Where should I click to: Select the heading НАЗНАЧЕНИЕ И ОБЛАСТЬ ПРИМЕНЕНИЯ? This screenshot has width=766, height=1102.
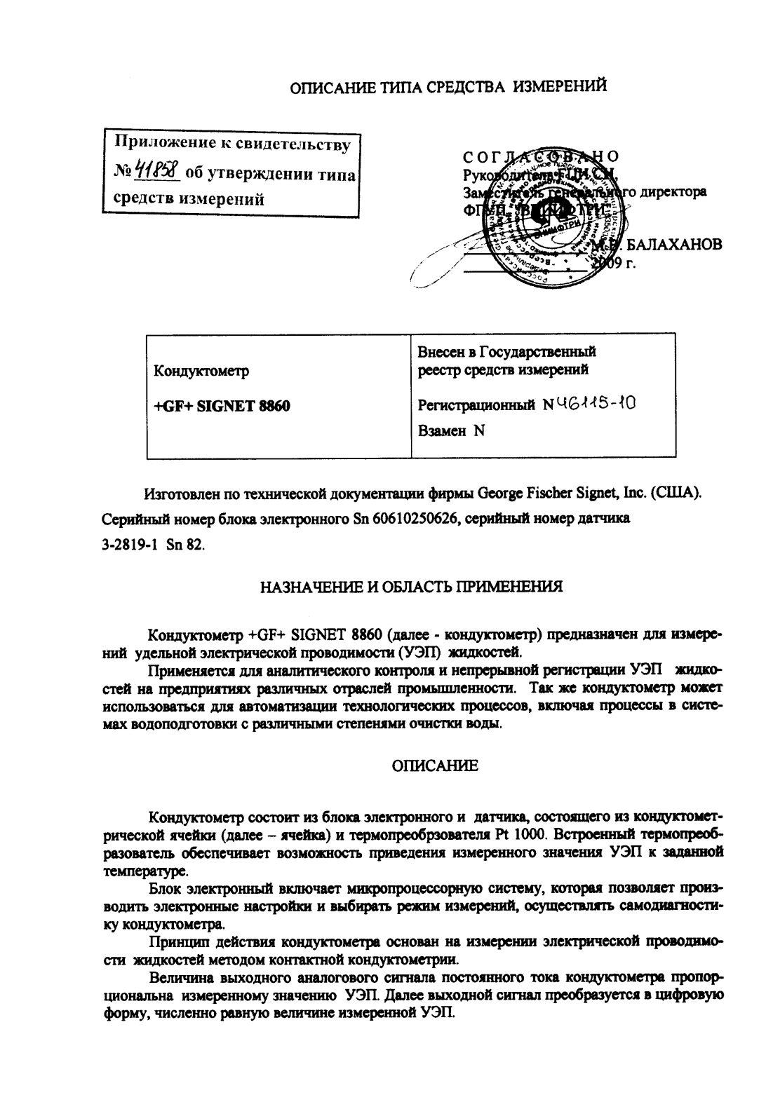point(411,586)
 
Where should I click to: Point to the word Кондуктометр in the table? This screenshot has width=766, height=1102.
point(201,371)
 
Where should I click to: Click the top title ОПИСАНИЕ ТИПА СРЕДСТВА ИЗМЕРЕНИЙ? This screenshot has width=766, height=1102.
point(448,87)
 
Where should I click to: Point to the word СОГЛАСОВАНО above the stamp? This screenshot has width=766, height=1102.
point(541,156)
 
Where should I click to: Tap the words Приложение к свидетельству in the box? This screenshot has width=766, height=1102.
point(232,144)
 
